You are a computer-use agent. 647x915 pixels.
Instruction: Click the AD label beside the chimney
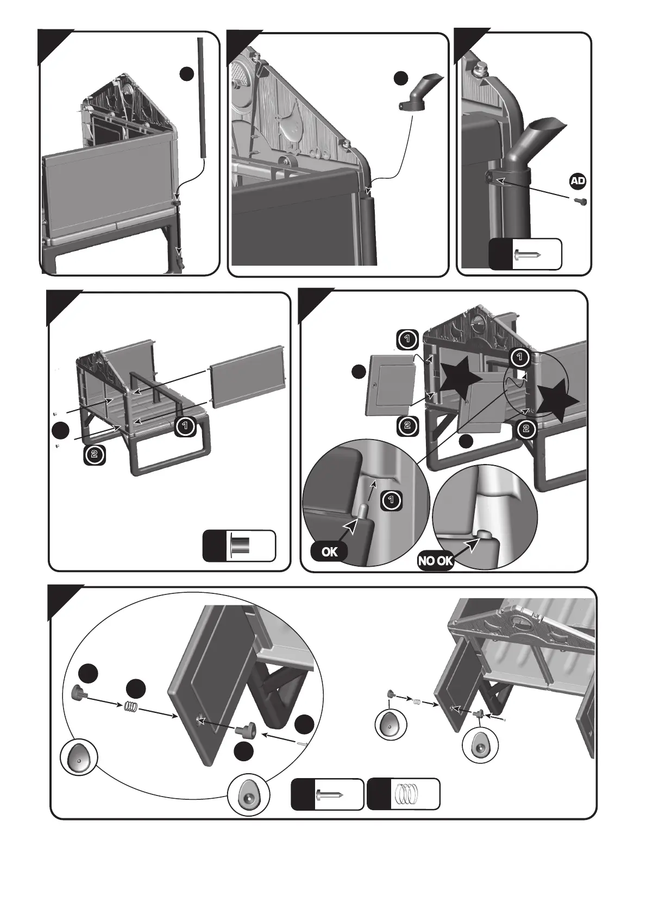[x=578, y=181]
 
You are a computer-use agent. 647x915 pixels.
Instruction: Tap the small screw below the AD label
[x=580, y=202]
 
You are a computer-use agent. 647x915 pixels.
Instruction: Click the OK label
[x=329, y=552]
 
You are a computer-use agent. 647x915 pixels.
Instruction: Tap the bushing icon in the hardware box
[x=240, y=546]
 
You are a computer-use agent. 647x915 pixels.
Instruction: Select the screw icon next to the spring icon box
[x=328, y=794]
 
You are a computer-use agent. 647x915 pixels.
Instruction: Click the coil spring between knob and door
[x=131, y=707]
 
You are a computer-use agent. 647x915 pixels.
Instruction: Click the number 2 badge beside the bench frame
[x=95, y=454]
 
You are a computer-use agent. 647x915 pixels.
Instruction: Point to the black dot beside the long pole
[x=186, y=74]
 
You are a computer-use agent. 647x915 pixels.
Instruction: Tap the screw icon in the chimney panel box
[x=527, y=254]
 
